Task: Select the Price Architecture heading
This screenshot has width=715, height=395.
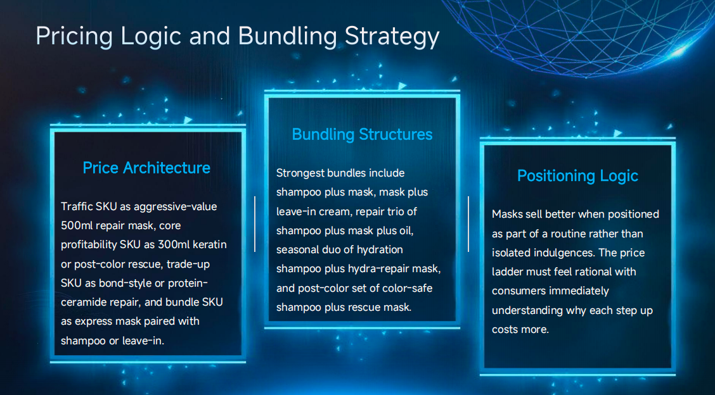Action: click(x=146, y=168)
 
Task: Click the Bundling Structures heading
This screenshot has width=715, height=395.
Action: click(x=362, y=134)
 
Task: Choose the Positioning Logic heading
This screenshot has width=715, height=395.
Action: click(x=577, y=175)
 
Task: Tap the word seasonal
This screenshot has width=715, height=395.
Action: click(x=299, y=249)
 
